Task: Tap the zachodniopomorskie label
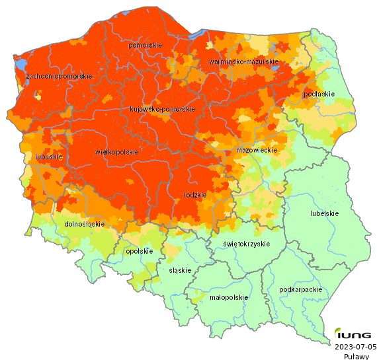click(x=58, y=77)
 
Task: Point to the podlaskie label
click(x=318, y=94)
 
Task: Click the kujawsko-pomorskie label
click(x=162, y=109)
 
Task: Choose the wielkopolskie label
click(x=116, y=152)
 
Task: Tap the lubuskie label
click(x=49, y=157)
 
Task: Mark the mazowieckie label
click(x=256, y=151)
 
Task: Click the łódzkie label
click(x=195, y=196)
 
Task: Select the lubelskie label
click(x=324, y=213)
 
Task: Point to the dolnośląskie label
click(x=85, y=224)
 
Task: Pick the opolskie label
click(x=140, y=251)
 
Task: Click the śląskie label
click(x=180, y=270)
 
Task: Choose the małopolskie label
click(x=228, y=297)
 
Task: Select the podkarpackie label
click(x=301, y=289)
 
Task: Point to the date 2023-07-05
click(x=355, y=347)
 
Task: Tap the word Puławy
click(x=356, y=356)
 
